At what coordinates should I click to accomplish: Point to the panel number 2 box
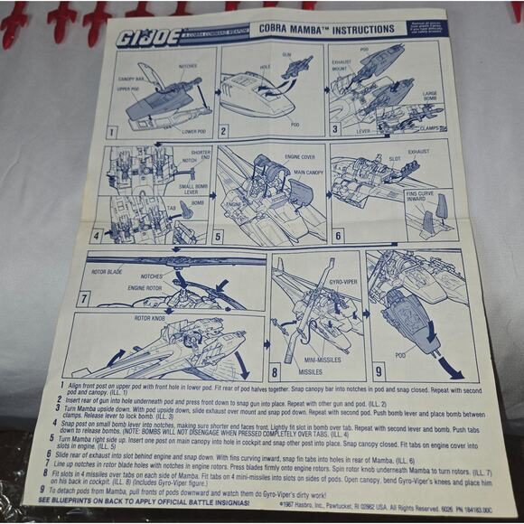(x=223, y=132)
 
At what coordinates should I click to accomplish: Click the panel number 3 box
(x=337, y=128)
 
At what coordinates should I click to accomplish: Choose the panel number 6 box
(x=337, y=236)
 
